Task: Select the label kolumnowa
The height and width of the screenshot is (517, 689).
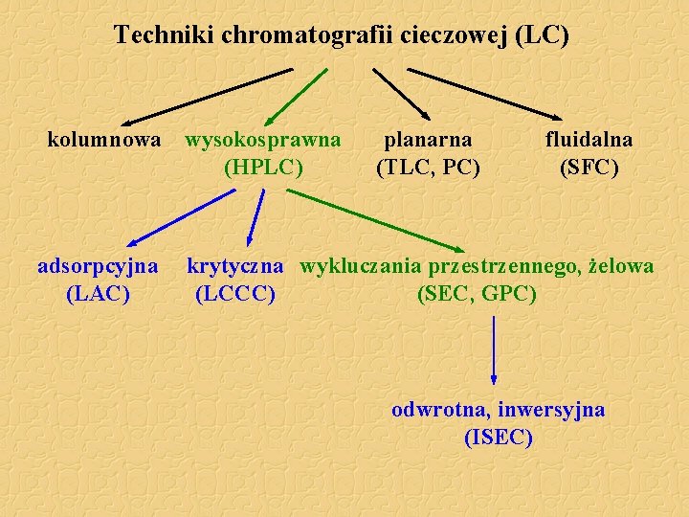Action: [104, 140]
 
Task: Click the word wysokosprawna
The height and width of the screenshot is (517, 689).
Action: [263, 140]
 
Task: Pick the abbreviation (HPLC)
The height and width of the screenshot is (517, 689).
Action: [263, 168]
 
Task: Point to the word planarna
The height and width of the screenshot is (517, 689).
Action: [428, 140]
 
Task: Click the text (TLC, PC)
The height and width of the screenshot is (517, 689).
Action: [428, 168]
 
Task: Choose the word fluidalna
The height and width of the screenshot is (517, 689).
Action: [589, 140]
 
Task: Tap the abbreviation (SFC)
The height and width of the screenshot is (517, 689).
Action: [589, 168]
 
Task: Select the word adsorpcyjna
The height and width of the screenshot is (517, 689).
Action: [98, 265]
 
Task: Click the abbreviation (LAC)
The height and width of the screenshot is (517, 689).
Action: [98, 293]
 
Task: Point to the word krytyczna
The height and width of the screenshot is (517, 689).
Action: [234, 265]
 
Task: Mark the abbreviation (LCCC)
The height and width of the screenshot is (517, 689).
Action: [234, 293]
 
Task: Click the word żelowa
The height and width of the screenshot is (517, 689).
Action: [621, 265]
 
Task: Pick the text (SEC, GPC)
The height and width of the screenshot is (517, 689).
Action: [477, 293]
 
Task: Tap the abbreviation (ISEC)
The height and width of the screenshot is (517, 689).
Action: [498, 438]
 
